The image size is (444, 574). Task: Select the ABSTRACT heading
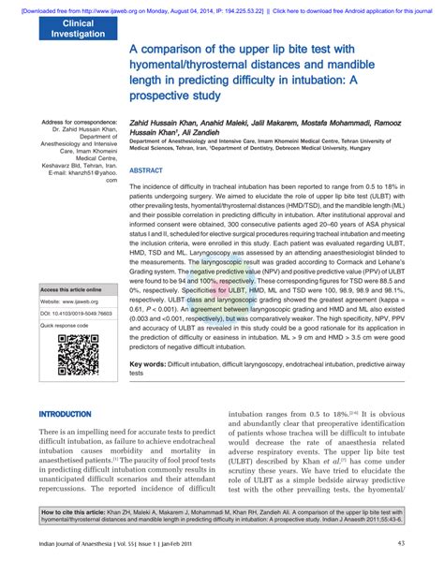click(145, 171)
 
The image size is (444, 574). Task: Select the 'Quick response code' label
click(65, 326)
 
